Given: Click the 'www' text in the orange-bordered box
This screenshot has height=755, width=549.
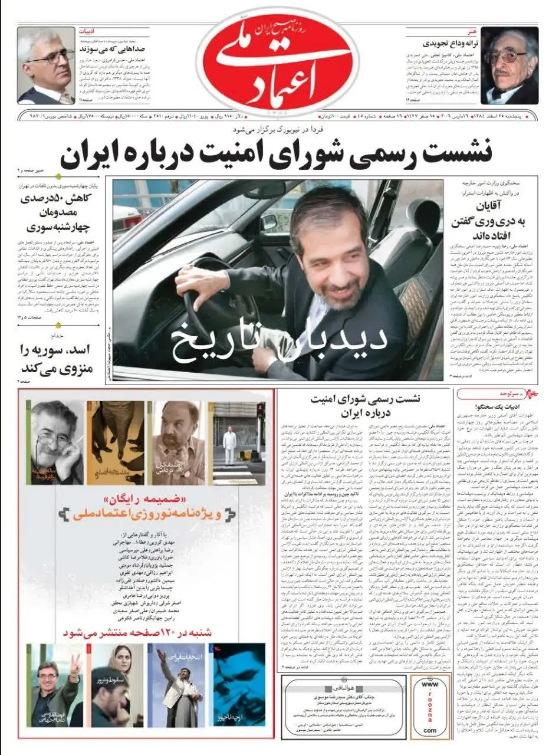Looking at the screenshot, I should (x=429, y=685).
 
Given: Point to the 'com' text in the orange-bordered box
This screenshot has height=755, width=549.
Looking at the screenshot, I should (x=429, y=730).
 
